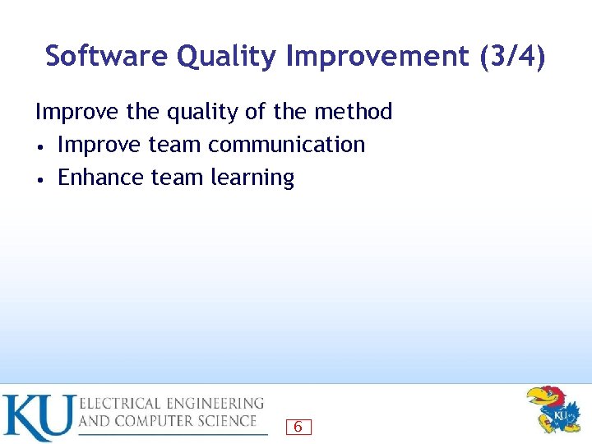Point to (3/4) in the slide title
(x=510, y=56)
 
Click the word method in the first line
(x=353, y=111)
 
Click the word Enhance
(x=102, y=178)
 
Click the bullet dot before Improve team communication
(x=39, y=146)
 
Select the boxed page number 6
(x=298, y=427)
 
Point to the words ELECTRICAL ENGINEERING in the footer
(x=171, y=404)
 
